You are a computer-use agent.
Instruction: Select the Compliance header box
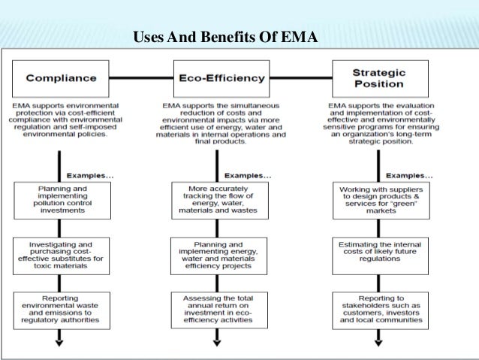(62, 77)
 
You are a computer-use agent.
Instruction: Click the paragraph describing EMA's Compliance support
(62, 119)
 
